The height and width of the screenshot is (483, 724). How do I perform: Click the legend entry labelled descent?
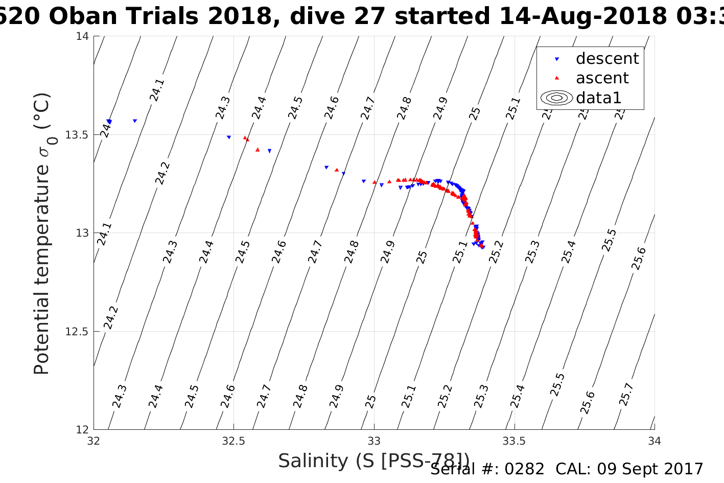click(x=607, y=59)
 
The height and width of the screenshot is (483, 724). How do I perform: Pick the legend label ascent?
click(x=602, y=78)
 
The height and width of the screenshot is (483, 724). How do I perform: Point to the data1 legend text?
click(x=598, y=98)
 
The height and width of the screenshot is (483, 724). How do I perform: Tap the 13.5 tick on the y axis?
click(x=77, y=135)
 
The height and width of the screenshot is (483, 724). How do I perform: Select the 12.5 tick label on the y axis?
click(x=77, y=332)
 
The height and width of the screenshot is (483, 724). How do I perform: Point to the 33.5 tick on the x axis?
click(x=514, y=441)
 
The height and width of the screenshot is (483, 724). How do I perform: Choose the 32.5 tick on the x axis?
click(x=234, y=441)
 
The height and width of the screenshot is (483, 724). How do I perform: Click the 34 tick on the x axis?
click(x=654, y=441)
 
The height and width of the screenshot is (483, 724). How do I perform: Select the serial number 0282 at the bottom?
click(x=525, y=469)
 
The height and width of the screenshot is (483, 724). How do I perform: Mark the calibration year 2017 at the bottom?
click(x=685, y=469)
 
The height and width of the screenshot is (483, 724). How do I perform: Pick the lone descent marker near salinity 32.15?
click(x=135, y=121)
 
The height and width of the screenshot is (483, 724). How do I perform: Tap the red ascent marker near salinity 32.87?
click(x=337, y=170)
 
